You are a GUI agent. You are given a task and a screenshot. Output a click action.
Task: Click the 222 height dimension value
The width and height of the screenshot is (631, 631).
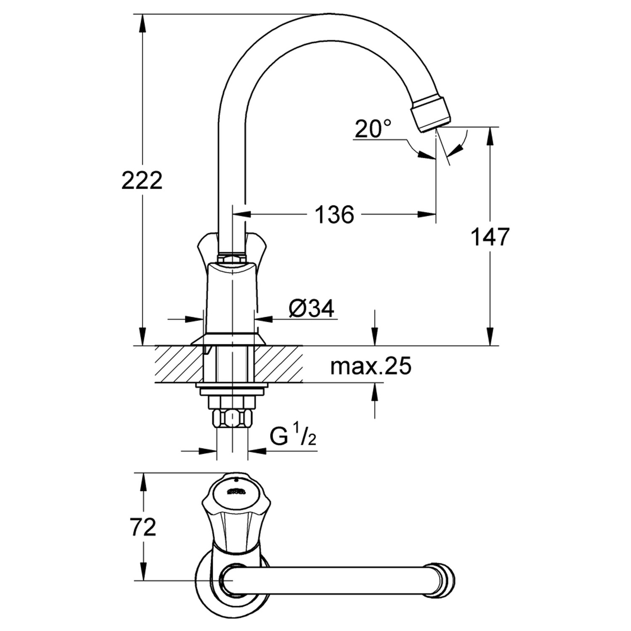coord(142,181)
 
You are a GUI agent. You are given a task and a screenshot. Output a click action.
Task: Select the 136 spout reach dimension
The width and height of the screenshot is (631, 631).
coord(334,215)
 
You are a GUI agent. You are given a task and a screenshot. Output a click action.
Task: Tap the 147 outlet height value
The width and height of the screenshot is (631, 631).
coord(490,236)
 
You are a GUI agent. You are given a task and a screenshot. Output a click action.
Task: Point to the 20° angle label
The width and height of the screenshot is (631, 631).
coord(373,129)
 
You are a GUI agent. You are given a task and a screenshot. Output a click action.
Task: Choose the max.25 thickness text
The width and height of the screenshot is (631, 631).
coord(371,366)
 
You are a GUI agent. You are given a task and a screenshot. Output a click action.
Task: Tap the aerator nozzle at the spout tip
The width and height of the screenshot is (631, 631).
coord(432,113)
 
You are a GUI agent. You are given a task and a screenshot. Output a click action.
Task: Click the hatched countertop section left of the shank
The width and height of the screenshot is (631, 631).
coord(179,364)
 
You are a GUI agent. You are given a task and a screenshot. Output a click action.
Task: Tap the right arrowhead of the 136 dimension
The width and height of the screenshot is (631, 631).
coord(428,215)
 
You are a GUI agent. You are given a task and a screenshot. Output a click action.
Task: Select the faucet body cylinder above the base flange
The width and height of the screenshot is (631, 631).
coord(232,299)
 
